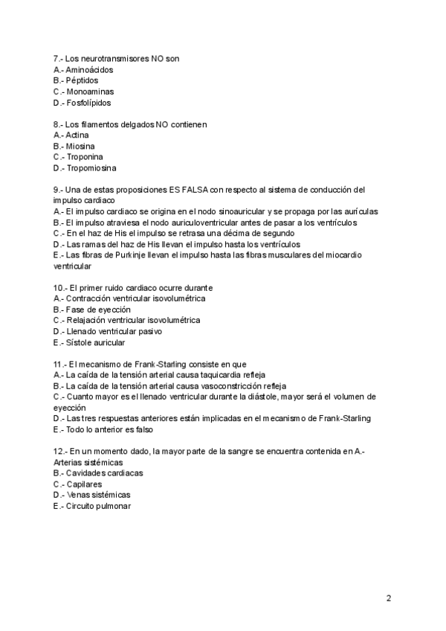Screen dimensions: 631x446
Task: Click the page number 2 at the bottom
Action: point(389,598)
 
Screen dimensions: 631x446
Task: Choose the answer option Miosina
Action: point(80,147)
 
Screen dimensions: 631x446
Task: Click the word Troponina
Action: point(84,157)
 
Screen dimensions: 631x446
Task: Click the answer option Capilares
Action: point(84,484)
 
